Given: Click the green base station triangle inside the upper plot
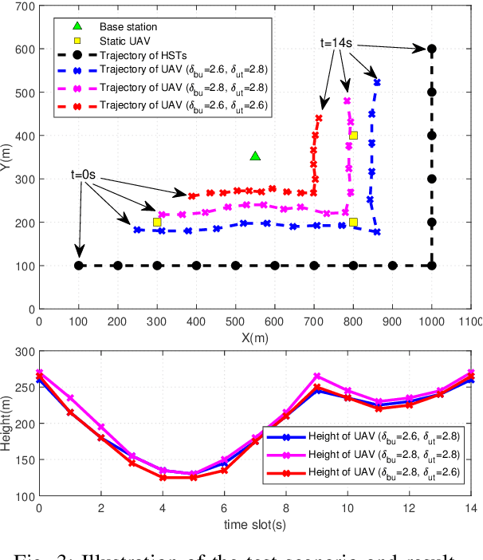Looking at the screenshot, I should tap(255, 156).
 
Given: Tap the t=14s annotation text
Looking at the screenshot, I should tap(338, 41).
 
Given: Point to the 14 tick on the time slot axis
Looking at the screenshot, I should tap(473, 507).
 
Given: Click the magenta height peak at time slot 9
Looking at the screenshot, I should tap(316, 375).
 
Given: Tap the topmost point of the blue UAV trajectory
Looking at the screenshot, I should tap(377, 82).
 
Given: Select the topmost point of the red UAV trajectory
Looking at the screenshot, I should tap(319, 118).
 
